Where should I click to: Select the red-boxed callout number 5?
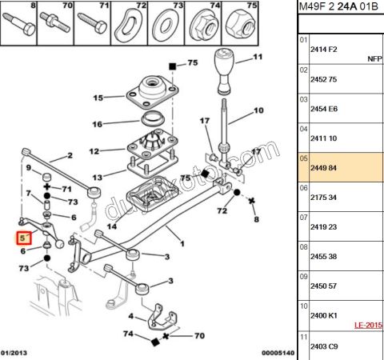pyautogui.click(x=22, y=238)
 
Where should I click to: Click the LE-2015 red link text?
pyautogui.click(x=369, y=326)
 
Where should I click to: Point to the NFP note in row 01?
pyautogui.click(x=374, y=59)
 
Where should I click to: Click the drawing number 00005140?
pyautogui.click(x=278, y=353)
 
